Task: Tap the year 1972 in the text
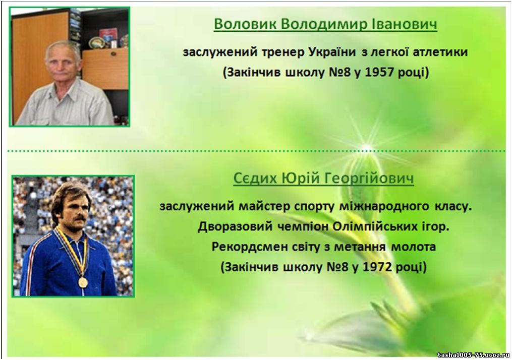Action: [377, 267]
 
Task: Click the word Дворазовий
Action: [235, 226]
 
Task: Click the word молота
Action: [414, 247]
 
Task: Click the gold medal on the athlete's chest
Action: [83, 282]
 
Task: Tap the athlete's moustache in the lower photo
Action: [80, 218]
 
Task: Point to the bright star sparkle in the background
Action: [367, 148]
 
